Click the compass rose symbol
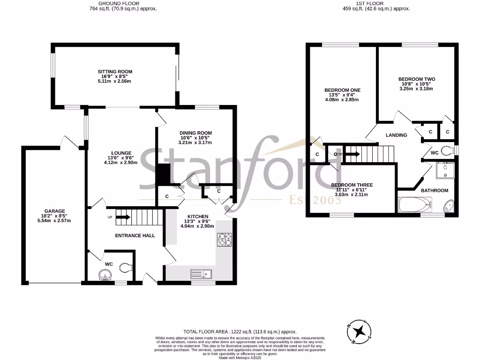(359, 332)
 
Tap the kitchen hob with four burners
(225, 239)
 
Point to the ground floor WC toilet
(125, 268)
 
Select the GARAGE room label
(55, 211)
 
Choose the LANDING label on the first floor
(396, 135)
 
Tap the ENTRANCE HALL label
(135, 235)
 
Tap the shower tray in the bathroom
(443, 171)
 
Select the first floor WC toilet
(449, 150)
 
